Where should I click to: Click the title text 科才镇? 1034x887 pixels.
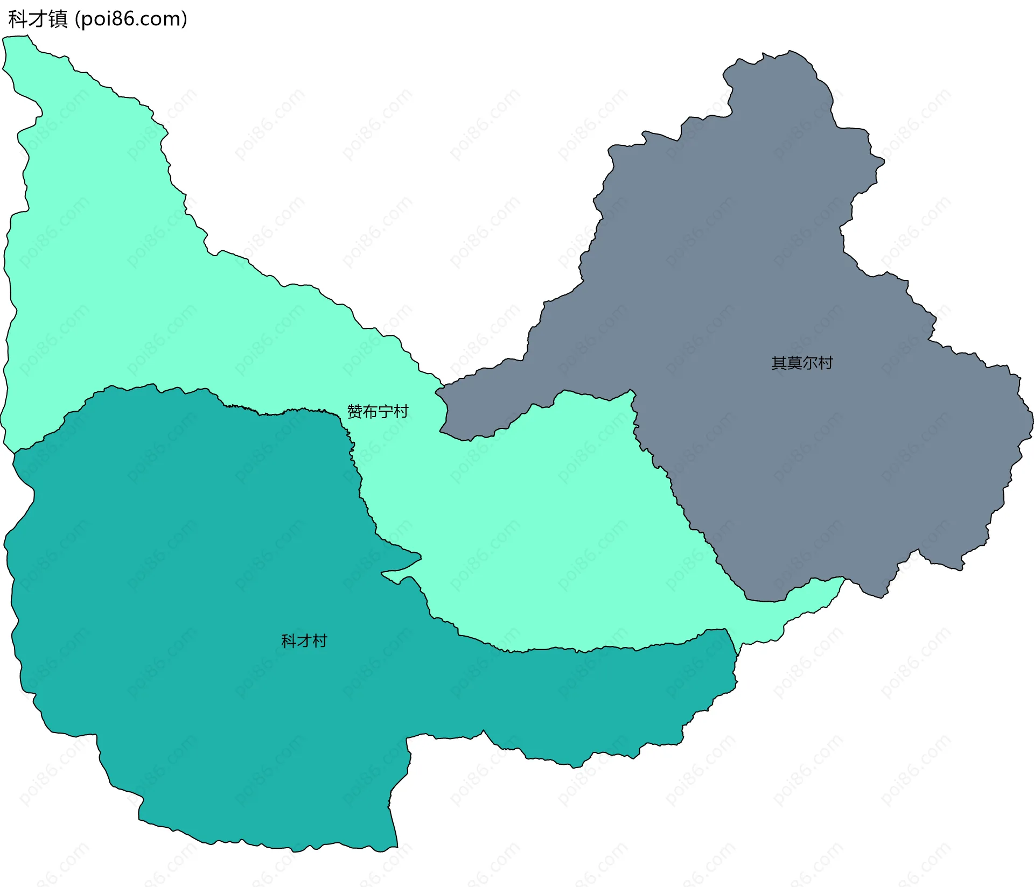point(38,19)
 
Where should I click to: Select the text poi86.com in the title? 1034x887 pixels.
point(131,19)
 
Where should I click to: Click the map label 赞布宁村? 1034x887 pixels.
point(378,412)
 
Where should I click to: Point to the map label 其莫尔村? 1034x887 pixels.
point(802,363)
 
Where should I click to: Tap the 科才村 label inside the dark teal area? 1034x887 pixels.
point(304,641)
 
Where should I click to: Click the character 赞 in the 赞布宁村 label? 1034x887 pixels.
point(355,412)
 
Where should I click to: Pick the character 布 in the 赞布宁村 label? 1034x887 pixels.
point(370,412)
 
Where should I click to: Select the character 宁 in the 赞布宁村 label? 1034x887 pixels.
point(386,412)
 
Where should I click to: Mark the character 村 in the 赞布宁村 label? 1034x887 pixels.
point(401,412)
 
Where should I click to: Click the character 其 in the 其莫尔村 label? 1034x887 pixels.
point(779,363)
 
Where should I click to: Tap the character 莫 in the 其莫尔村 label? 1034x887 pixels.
point(794,363)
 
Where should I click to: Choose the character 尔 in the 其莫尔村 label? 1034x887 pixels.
point(810,363)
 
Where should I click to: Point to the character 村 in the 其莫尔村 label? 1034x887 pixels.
point(825,363)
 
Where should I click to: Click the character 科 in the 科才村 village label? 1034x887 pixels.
point(289,641)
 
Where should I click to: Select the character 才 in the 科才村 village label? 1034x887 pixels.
point(304,641)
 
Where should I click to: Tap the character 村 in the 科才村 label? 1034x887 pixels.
point(320,641)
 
